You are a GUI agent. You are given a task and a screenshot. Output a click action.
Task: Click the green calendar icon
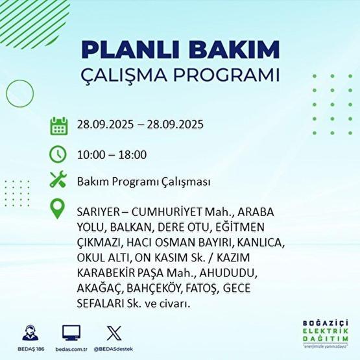58,125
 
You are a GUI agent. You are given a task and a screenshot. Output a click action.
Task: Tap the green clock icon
58,154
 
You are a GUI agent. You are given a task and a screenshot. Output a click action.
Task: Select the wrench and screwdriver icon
58,182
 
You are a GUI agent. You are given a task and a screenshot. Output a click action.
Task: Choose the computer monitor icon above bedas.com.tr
71,333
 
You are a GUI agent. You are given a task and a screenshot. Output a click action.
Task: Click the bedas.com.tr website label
71,349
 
